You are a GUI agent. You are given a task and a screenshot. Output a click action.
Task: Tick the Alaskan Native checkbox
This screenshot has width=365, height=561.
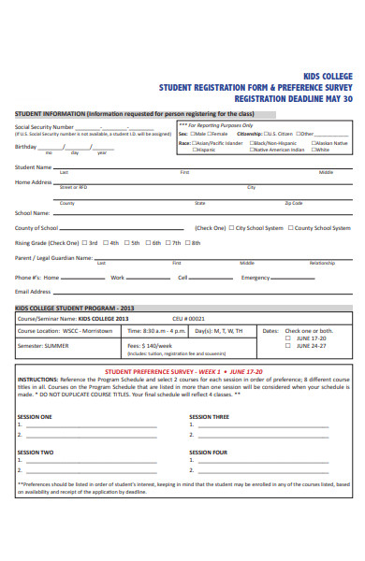click(x=314, y=142)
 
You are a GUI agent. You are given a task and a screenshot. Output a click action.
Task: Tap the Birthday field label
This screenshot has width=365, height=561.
click(x=25, y=147)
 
